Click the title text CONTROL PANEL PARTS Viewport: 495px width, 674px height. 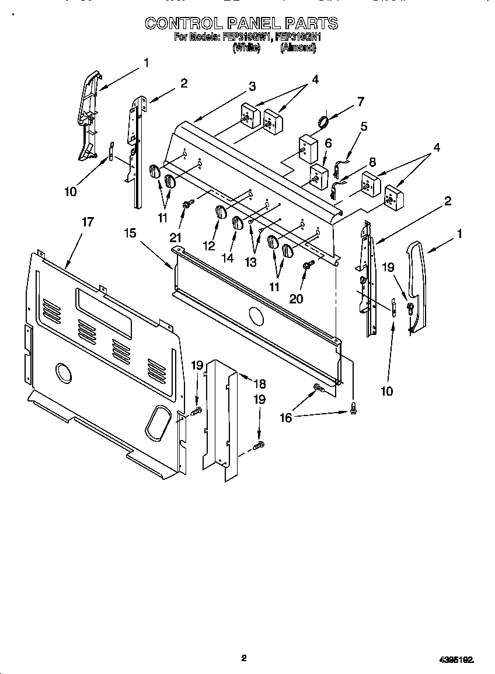coord(241,23)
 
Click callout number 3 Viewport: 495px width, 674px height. coord(252,86)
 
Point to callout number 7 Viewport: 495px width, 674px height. coord(360,102)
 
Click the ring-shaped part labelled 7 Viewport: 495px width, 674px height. coord(323,121)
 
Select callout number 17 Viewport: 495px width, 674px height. coord(88,222)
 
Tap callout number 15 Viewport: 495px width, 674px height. coord(130,233)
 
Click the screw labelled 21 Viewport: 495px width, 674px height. coord(188,204)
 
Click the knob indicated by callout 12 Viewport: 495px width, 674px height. coord(221,212)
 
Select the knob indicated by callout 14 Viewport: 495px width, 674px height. coord(238,223)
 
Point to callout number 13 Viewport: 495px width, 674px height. coord(250,262)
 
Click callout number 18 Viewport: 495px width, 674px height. coord(259,383)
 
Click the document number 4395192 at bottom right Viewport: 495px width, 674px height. coord(456,659)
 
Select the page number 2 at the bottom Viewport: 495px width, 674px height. coord(244,658)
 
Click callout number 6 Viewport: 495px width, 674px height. coord(328,142)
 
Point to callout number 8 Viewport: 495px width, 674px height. coord(372,162)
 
